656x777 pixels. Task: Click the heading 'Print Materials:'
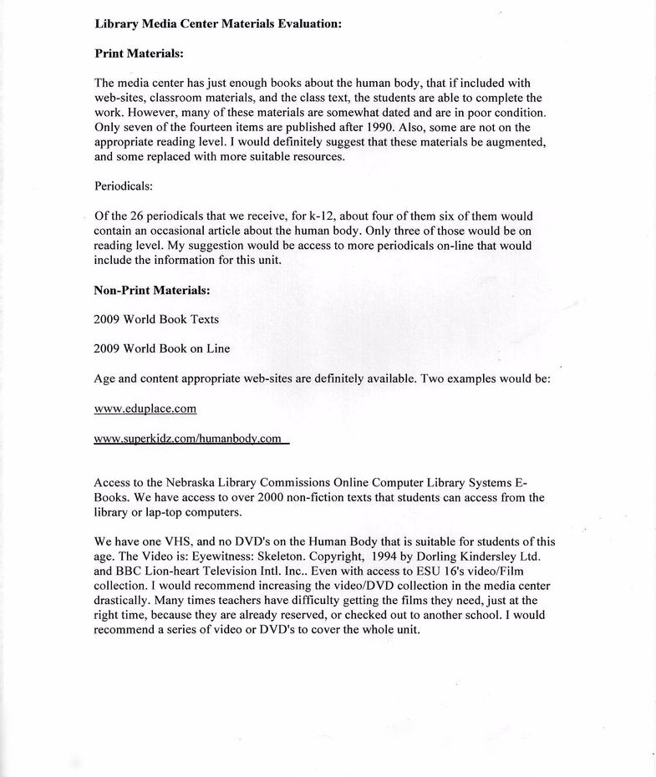pyautogui.click(x=139, y=53)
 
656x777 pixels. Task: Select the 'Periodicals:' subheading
pyautogui.click(x=124, y=186)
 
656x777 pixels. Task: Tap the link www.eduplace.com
pyautogui.click(x=145, y=409)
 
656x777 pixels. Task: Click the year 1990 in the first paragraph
pyautogui.click(x=381, y=127)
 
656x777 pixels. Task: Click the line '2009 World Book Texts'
pyautogui.click(x=157, y=319)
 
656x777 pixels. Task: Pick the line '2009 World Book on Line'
pyautogui.click(x=162, y=348)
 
